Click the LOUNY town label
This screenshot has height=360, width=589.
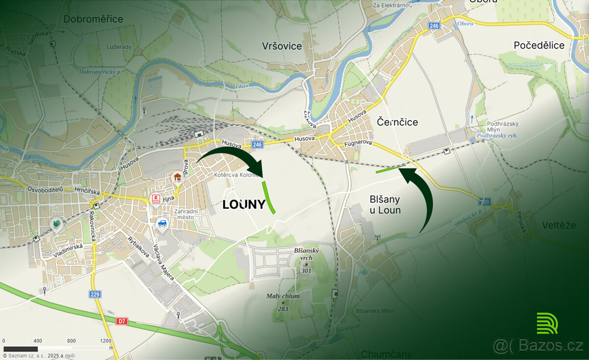(x=243, y=205)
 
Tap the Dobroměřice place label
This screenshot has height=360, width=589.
(x=93, y=19)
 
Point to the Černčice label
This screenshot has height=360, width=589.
(x=397, y=122)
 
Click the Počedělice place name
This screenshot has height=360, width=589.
(x=539, y=45)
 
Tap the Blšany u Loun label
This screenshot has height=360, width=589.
(x=385, y=205)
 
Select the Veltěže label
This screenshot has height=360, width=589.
(x=559, y=225)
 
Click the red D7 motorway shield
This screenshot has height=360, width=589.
(x=122, y=321)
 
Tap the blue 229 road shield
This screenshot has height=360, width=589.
(x=96, y=294)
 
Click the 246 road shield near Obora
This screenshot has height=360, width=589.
(x=433, y=26)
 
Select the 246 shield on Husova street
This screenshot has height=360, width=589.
(x=257, y=145)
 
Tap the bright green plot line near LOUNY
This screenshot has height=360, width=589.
(x=268, y=197)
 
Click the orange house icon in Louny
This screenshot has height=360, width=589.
(x=177, y=177)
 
